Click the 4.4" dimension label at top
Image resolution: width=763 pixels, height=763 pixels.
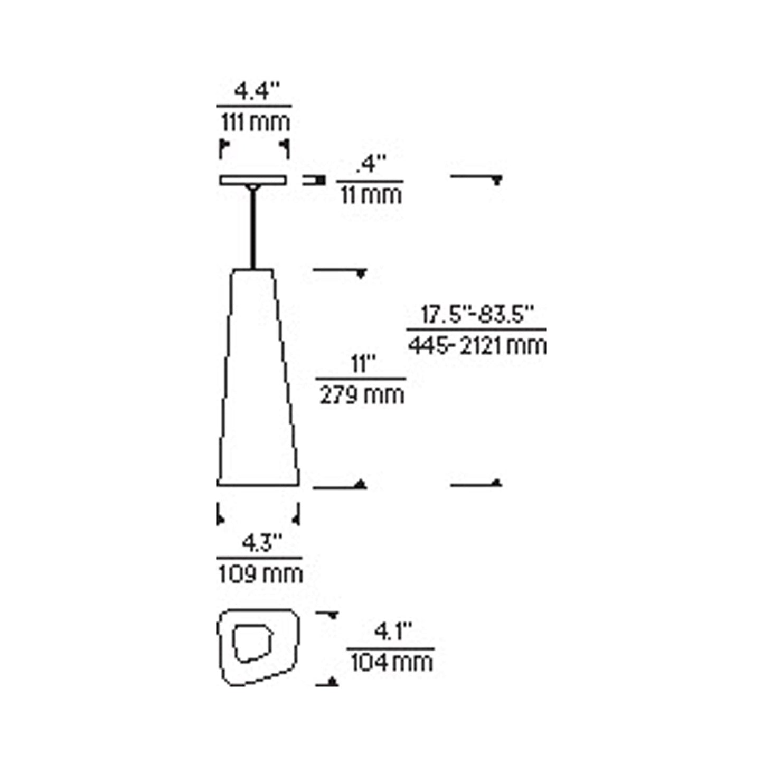pyautogui.click(x=256, y=92)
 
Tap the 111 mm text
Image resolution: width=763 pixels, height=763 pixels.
pyautogui.click(x=255, y=123)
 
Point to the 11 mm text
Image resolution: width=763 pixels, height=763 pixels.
pyautogui.click(x=371, y=195)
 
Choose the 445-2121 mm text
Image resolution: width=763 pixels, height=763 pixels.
pyautogui.click(x=477, y=346)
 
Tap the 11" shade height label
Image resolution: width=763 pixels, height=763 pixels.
pyautogui.click(x=362, y=364)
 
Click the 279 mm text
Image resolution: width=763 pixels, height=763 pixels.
pyautogui.click(x=362, y=395)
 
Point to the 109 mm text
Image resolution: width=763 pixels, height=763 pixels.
pyautogui.click(x=260, y=574)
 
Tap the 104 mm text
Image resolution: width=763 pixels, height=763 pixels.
pyautogui.click(x=391, y=662)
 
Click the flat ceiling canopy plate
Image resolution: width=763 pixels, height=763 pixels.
pyautogui.click(x=253, y=181)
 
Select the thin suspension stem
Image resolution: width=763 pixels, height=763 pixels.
pyautogui.click(x=253, y=230)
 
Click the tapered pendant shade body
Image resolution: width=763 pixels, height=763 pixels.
pyautogui.click(x=257, y=380)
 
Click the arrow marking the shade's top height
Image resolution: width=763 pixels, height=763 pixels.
pyautogui.click(x=361, y=274)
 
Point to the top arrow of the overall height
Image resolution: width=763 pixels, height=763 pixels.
pyautogui.click(x=496, y=181)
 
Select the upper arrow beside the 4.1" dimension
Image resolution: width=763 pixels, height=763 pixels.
pyautogui.click(x=332, y=616)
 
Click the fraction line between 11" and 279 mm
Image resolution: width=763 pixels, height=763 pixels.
pyautogui.click(x=361, y=379)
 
